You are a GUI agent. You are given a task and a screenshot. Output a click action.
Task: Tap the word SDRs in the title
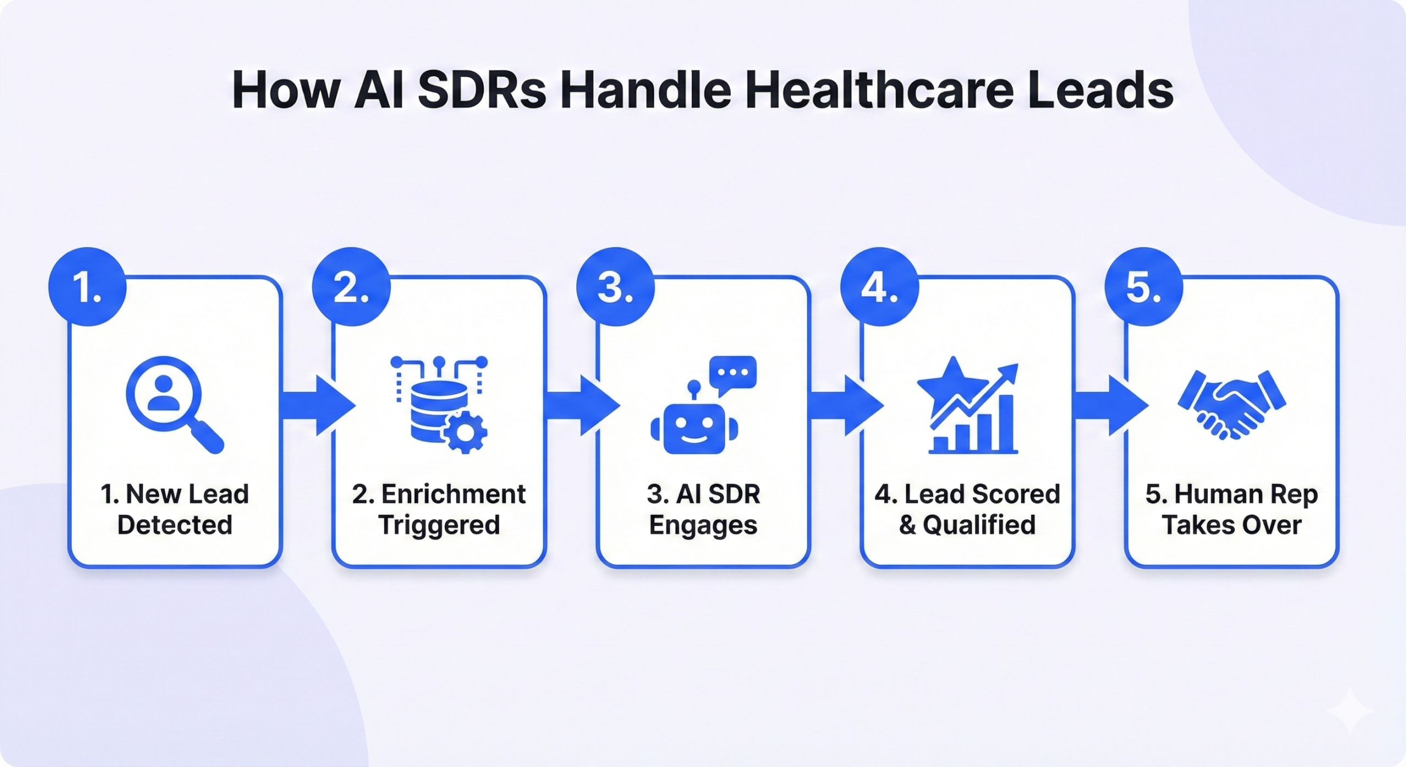point(482,90)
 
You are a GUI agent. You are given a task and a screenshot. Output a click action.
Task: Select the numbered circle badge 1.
point(87,287)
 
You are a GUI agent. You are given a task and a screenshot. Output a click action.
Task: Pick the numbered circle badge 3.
point(615,287)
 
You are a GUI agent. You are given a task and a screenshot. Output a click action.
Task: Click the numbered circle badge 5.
point(1143,287)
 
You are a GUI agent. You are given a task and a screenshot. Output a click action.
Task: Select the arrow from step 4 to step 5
point(1111,405)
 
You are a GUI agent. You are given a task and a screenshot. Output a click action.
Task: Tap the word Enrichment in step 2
point(454,494)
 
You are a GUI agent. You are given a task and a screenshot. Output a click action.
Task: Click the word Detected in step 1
point(175,525)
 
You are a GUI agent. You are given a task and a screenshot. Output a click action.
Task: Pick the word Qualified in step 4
point(979,525)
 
